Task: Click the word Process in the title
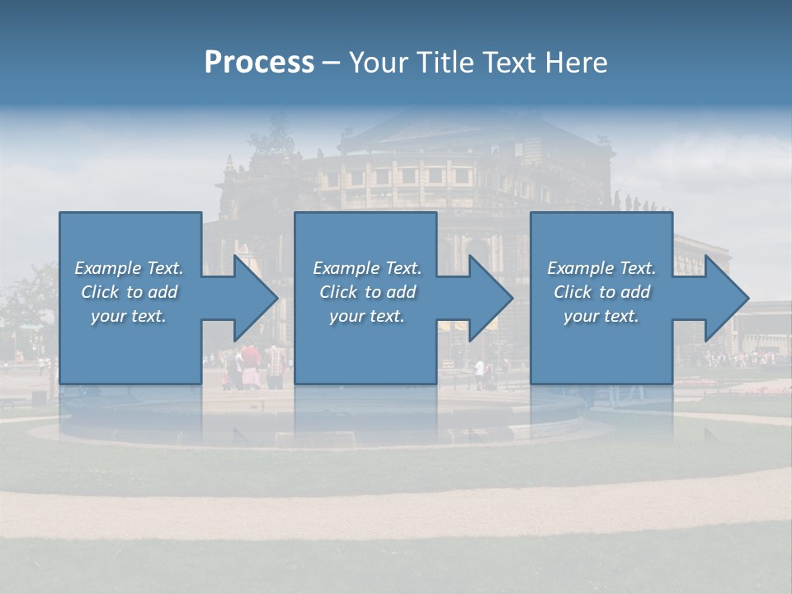coord(259,63)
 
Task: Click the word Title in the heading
coord(446,63)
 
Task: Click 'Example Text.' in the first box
coord(129,268)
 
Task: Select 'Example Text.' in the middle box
coord(367,268)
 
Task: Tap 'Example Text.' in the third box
coord(601,268)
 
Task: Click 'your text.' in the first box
coord(129,316)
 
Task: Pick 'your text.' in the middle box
coord(367,316)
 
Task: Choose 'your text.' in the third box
coord(601,316)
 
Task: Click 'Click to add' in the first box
coord(129,292)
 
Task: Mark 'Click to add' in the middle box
coord(367,292)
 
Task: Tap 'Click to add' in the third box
coord(601,292)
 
